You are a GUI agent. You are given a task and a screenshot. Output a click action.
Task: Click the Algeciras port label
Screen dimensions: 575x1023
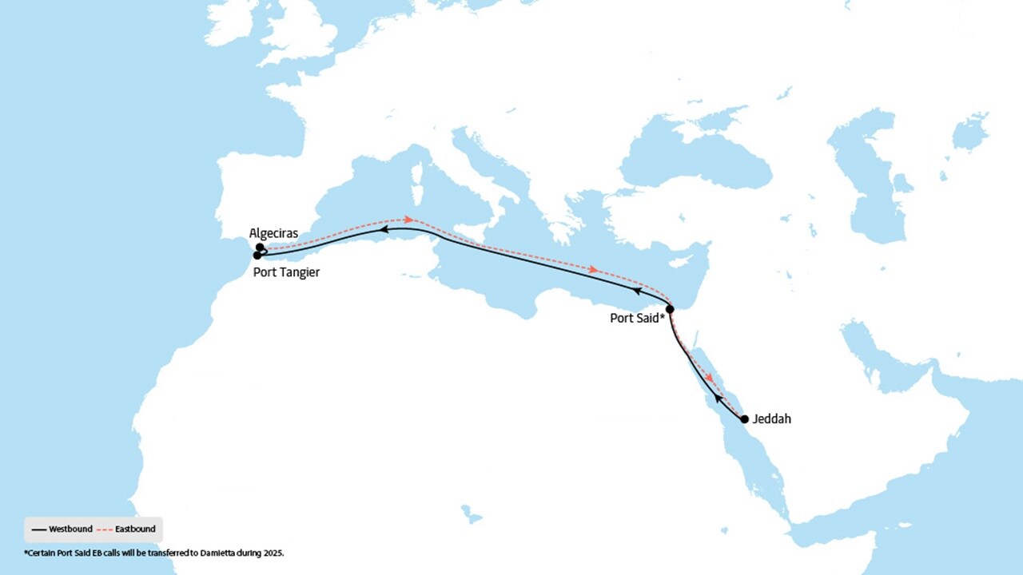[x=273, y=233]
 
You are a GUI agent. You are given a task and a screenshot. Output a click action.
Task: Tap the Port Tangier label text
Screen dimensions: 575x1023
[x=286, y=272]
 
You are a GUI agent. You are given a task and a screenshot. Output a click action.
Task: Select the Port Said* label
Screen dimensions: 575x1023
[x=638, y=317]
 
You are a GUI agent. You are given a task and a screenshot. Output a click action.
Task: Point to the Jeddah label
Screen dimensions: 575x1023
[x=771, y=418]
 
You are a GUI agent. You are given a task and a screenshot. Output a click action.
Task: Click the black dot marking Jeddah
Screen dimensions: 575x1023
[x=744, y=418]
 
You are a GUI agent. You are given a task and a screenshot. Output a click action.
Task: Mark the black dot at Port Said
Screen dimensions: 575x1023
[x=670, y=308]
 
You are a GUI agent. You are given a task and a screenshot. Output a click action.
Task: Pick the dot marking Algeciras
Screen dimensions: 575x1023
[x=260, y=248]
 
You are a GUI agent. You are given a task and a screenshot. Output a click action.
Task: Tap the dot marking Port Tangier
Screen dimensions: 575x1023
[x=257, y=256]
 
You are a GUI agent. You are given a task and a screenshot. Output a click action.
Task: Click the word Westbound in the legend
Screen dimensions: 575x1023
[x=70, y=529]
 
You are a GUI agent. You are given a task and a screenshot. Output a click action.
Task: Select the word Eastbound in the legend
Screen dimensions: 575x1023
[x=135, y=529]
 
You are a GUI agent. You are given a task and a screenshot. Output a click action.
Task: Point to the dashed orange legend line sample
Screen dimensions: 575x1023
[x=104, y=529]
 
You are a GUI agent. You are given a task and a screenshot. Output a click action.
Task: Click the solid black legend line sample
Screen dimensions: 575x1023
[x=38, y=529]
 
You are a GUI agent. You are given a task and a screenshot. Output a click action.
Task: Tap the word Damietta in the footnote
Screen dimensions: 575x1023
[x=209, y=552]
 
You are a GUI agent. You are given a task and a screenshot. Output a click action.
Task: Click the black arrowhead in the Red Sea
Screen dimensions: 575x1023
[x=718, y=397]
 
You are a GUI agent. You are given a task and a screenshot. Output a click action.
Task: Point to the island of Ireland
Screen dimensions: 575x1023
[x=230, y=24]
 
